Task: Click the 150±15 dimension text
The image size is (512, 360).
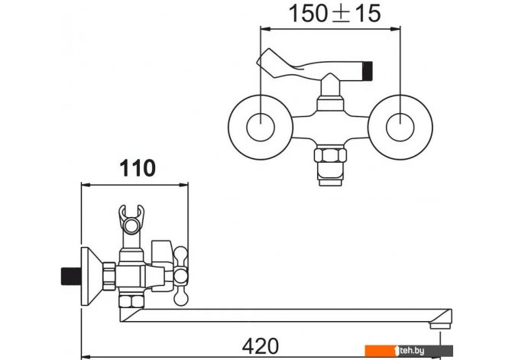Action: coord(335,14)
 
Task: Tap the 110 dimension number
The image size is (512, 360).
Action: coord(138,168)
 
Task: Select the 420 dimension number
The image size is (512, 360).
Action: coord(261,346)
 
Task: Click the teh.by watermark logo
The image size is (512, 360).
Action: coord(409,351)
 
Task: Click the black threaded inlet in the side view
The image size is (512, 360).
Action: coord(71,277)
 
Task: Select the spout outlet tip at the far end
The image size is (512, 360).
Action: coord(440,326)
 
